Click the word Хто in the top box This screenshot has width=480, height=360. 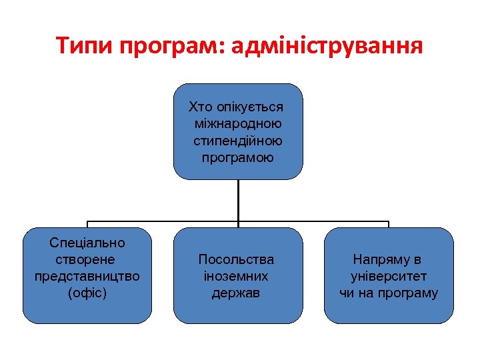click(x=199, y=107)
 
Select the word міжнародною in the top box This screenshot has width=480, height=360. click(x=238, y=124)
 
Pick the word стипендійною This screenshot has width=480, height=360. click(x=238, y=141)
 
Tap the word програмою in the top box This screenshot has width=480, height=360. click(x=238, y=158)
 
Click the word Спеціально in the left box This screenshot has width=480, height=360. click(x=87, y=243)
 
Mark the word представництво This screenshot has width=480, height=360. click(x=87, y=276)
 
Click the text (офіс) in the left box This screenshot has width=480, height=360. click(x=87, y=293)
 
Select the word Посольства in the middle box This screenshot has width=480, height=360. click(x=237, y=259)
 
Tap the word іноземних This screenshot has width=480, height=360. click(x=237, y=276)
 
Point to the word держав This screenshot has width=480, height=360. click(x=237, y=293)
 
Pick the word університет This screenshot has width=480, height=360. click(x=389, y=276)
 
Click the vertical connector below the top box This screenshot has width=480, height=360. click(x=238, y=200)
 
